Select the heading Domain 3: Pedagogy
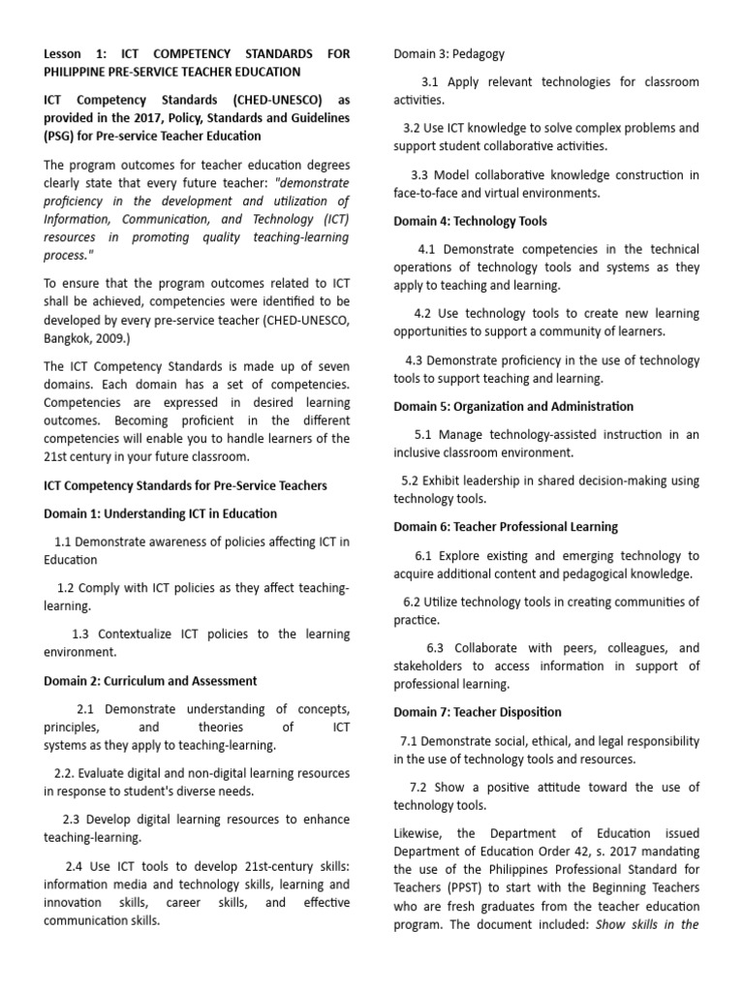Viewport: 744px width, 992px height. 449,53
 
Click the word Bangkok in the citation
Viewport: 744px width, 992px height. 72,339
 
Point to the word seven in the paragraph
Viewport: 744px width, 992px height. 329,365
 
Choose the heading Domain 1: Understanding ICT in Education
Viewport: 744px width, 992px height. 160,513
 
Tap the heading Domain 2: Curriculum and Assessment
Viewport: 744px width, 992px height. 150,681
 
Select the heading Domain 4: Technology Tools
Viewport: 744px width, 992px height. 470,221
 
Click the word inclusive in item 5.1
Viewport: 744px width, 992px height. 422,452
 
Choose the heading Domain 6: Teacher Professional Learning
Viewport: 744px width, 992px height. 505,527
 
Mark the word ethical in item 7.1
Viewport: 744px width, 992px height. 548,741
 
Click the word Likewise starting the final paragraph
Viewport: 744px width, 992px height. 420,833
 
